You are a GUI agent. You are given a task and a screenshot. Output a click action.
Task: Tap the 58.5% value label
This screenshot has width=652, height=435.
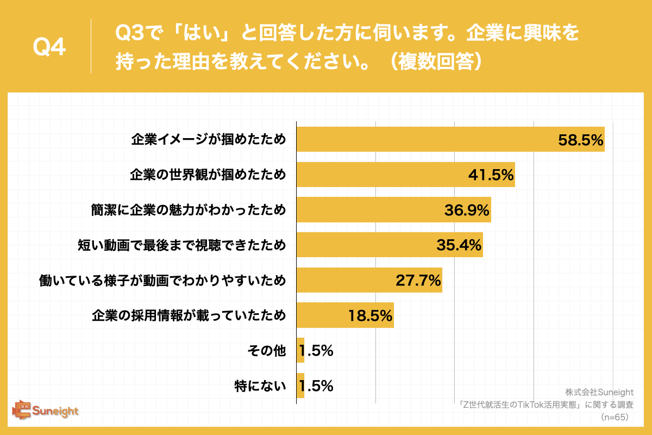(581, 140)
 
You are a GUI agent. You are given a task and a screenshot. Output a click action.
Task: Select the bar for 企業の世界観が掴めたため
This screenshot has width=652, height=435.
(405, 175)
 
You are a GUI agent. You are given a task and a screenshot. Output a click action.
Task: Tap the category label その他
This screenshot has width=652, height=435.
(266, 351)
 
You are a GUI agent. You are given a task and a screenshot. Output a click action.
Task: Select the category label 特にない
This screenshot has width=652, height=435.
(260, 386)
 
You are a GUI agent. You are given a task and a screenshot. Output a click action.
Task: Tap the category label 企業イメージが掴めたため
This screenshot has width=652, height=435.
(208, 139)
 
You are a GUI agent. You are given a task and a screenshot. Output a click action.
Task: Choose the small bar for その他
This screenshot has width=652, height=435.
(300, 351)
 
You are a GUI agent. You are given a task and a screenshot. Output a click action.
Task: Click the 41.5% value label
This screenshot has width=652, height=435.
(491, 175)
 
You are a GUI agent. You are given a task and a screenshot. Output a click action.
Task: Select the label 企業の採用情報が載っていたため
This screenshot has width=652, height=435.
(189, 315)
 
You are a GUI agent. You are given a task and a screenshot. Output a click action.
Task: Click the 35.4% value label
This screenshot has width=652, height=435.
(459, 245)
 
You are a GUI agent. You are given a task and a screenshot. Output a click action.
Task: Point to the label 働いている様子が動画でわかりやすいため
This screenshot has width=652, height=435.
(162, 281)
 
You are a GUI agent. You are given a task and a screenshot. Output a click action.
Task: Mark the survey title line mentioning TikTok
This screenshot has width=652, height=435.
(546, 405)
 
